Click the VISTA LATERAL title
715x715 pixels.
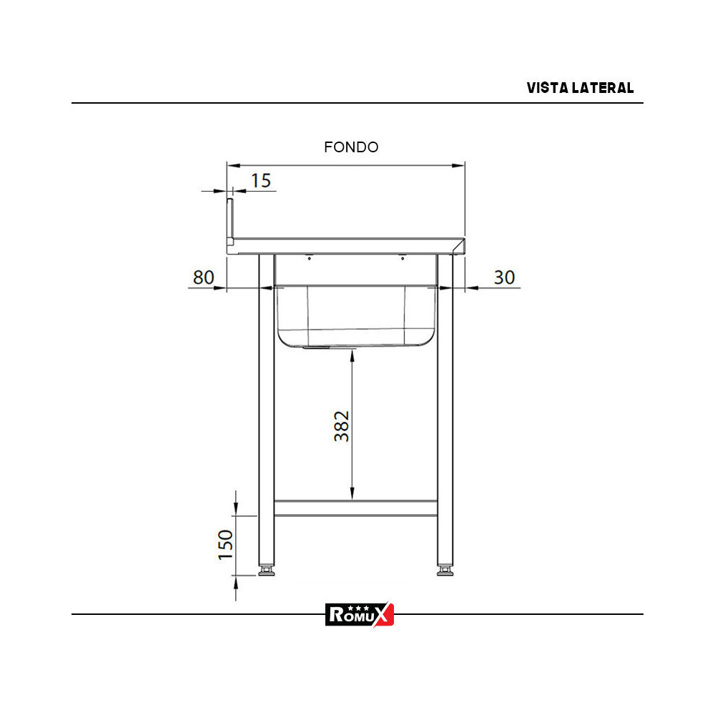(x=580, y=88)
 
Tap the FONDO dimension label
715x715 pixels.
(x=351, y=147)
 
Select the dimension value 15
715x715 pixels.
(x=262, y=181)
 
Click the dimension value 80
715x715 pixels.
(x=204, y=277)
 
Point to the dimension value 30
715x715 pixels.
(x=505, y=277)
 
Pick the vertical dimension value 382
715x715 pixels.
(x=342, y=426)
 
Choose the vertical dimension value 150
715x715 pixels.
(x=225, y=545)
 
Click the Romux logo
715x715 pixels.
(x=360, y=614)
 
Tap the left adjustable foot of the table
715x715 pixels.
(x=267, y=571)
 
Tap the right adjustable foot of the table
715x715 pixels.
(x=445, y=571)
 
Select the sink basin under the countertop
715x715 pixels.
(x=356, y=315)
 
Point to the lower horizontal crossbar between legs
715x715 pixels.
(x=356, y=508)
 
